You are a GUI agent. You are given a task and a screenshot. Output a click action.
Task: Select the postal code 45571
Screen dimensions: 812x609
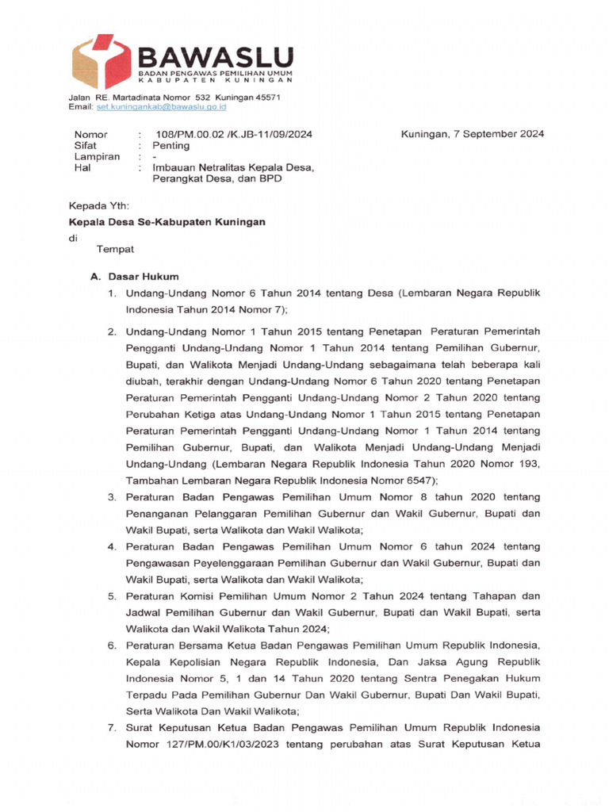tap(265, 97)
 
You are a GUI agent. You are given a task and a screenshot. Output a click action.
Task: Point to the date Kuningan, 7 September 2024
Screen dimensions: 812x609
tap(473, 134)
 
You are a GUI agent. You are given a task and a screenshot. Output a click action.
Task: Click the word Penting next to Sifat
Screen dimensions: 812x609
tap(171, 146)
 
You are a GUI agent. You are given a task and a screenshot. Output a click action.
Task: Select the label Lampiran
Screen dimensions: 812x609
tap(97, 157)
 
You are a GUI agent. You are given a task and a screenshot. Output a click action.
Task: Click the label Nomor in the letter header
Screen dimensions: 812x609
tap(90, 134)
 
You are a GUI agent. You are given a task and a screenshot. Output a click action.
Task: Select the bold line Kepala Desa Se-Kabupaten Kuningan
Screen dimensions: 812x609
tap(167, 223)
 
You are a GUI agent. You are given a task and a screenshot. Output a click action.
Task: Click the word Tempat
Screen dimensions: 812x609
tap(116, 250)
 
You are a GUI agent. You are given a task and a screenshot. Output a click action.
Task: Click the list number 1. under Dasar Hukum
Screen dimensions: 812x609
tap(113, 293)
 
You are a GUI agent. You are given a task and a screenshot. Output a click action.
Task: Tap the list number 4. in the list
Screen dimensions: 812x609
tap(113, 547)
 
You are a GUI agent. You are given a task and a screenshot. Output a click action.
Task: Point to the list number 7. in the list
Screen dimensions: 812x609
tap(113, 728)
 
